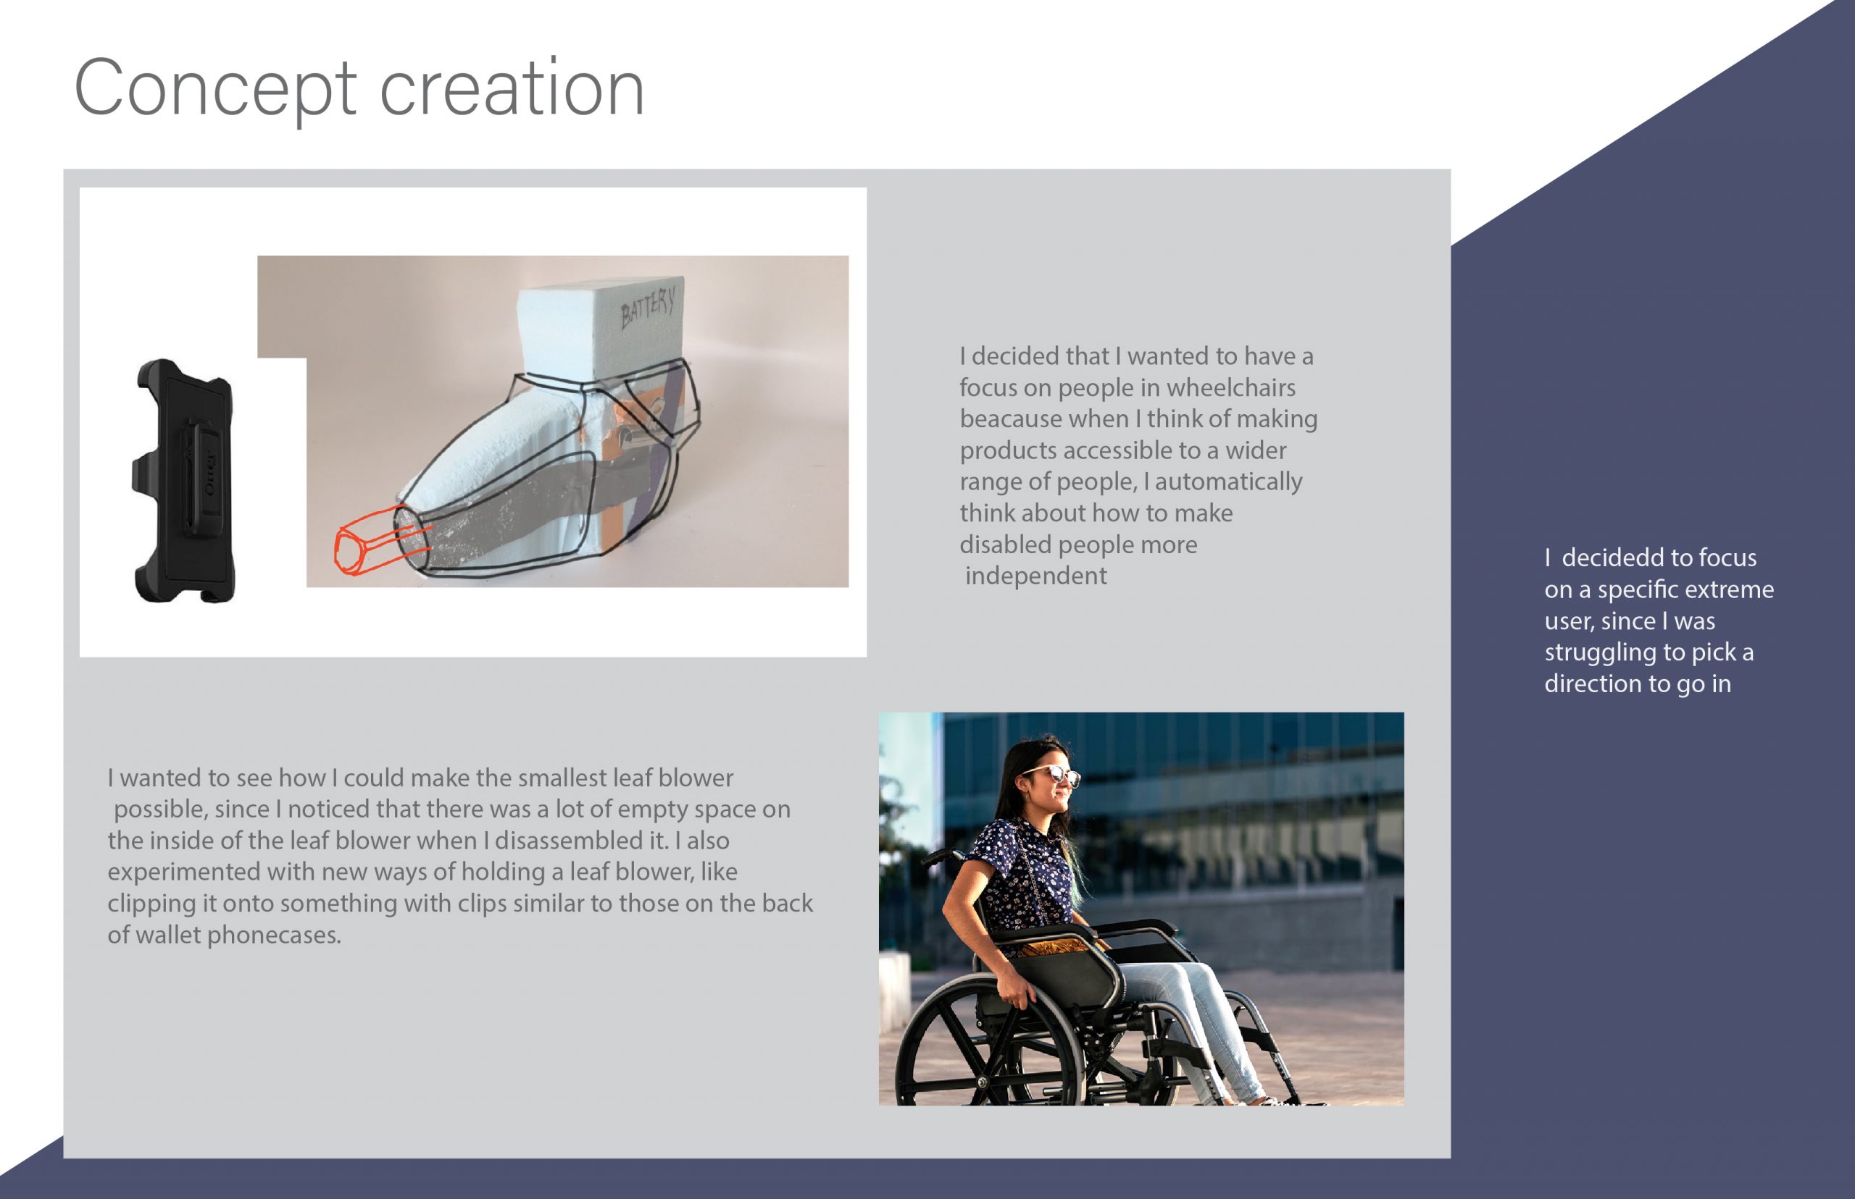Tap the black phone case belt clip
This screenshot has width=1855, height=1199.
click(185, 480)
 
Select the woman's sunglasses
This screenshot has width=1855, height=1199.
click(1054, 774)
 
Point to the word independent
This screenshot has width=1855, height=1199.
click(1035, 576)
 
